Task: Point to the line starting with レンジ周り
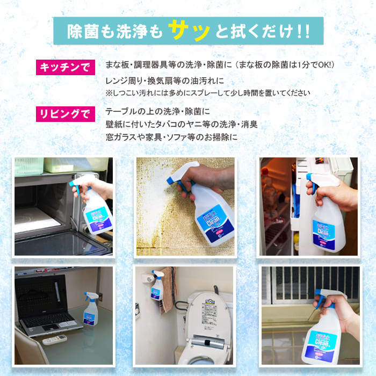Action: pyautogui.click(x=164, y=81)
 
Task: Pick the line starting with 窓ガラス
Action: pyautogui.click(x=171, y=138)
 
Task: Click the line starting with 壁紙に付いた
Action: pyautogui.click(x=182, y=125)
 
